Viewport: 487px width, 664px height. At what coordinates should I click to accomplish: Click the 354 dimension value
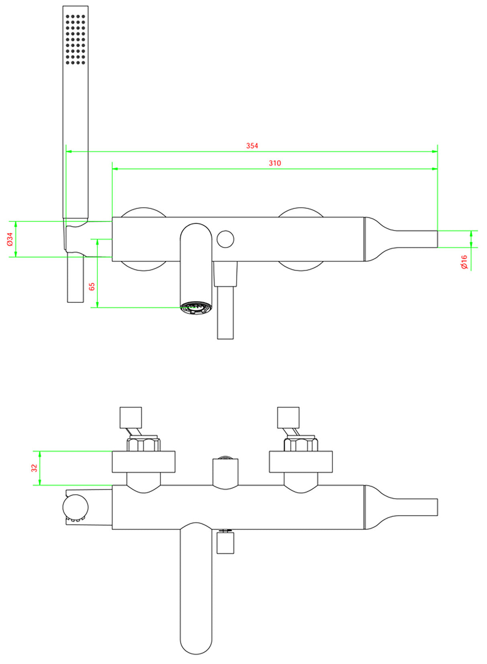click(x=252, y=146)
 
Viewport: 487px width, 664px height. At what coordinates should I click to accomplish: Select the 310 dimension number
click(x=275, y=163)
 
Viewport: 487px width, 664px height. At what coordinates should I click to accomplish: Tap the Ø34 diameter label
click(x=10, y=239)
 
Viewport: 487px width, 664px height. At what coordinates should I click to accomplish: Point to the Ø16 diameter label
click(x=464, y=262)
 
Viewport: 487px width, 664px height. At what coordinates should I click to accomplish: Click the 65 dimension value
click(x=92, y=287)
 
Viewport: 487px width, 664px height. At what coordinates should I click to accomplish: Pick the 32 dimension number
click(x=35, y=468)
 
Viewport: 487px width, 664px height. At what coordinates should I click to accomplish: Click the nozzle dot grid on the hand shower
click(x=75, y=39)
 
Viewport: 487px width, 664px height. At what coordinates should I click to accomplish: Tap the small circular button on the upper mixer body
click(x=225, y=239)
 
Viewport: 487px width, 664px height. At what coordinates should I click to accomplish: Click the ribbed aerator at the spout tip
click(x=196, y=309)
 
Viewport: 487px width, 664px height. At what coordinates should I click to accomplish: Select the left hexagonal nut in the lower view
click(x=143, y=445)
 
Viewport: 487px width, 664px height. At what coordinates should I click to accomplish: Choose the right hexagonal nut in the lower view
click(x=301, y=445)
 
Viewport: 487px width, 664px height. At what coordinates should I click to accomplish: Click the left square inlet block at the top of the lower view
click(x=131, y=417)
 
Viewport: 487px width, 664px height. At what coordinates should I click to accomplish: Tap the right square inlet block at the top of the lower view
click(x=288, y=417)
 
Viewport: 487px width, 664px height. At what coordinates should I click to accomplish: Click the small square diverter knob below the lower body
click(x=225, y=543)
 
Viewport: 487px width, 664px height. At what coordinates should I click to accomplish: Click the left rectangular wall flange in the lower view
click(x=143, y=462)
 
